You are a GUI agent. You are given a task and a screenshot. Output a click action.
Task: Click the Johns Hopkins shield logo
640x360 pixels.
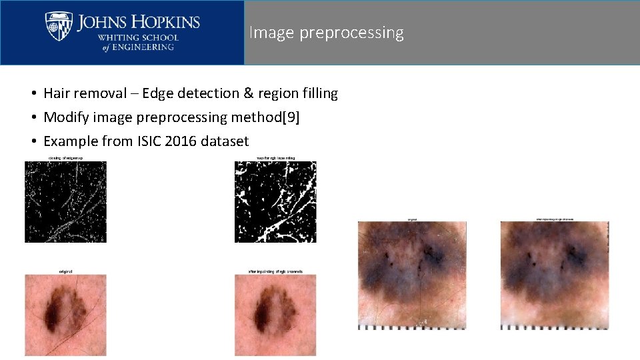click(x=59, y=26)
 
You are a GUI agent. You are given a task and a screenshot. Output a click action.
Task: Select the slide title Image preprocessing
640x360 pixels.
click(x=326, y=33)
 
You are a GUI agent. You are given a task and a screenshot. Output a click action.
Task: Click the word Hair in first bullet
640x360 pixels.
click(x=56, y=93)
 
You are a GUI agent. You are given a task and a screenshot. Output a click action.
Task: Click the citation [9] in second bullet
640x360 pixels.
click(x=291, y=117)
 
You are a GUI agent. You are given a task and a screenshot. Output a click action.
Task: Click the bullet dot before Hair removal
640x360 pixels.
click(x=31, y=94)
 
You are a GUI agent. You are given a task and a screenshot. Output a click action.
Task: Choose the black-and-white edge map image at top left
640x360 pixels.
click(x=65, y=201)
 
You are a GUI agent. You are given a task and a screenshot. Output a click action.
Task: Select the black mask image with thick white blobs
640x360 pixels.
click(x=275, y=201)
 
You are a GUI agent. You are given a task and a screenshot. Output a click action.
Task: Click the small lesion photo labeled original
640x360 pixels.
click(x=65, y=314)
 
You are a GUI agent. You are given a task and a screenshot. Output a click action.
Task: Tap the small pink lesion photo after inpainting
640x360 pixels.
click(x=275, y=314)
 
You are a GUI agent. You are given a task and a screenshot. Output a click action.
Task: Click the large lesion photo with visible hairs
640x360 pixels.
click(x=412, y=274)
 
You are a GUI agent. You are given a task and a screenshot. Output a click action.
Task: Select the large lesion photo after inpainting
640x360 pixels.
click(x=555, y=274)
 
